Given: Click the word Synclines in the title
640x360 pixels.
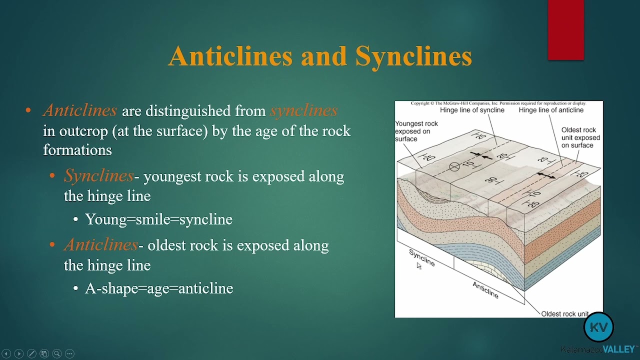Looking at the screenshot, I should (413, 56).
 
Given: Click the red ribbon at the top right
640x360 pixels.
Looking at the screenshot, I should (565, 30).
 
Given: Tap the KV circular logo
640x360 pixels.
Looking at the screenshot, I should (598, 327).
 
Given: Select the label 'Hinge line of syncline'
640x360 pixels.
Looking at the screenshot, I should (472, 110).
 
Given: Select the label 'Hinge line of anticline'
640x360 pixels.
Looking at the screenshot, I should (551, 110).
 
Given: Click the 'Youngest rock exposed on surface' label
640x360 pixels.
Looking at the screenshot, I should (416, 131).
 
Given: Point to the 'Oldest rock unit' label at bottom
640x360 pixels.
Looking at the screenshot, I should (564, 313).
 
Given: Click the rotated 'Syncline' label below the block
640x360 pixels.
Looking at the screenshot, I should (422, 257).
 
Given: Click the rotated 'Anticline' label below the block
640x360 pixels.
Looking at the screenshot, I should (485, 289).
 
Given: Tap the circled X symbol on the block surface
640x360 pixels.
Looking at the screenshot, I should (454, 167).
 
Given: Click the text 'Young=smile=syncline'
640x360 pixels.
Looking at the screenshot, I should (158, 219).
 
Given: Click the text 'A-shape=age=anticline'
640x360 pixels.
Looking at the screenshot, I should (159, 288).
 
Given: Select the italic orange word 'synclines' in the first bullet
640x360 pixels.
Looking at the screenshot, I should (303, 110).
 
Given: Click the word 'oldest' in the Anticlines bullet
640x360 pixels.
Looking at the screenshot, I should (165, 245).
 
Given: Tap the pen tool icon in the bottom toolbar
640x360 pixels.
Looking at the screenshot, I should (31, 353).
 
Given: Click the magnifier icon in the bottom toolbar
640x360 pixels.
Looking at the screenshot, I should (57, 353).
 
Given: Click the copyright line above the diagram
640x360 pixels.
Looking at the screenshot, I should (498, 103).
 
